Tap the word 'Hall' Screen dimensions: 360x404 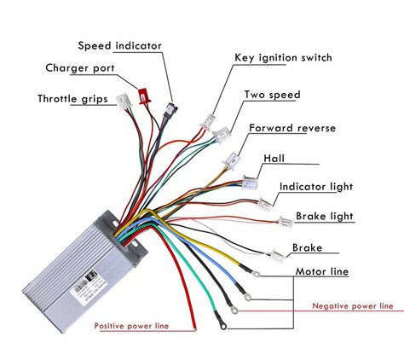pyautogui.click(x=274, y=159)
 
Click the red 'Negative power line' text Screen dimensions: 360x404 pyautogui.click(x=353, y=305)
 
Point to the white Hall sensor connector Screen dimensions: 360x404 pyautogui.click(x=248, y=182)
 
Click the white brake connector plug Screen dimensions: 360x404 pyautogui.click(x=278, y=253)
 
